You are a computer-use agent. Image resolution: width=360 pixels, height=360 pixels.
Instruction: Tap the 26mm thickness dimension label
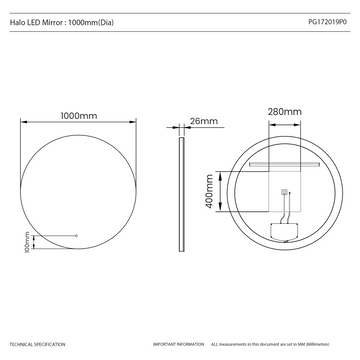click(203, 121)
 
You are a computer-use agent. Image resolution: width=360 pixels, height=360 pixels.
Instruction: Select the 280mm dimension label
click(285, 111)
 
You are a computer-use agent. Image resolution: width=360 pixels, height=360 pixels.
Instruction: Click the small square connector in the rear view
click(286, 196)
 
